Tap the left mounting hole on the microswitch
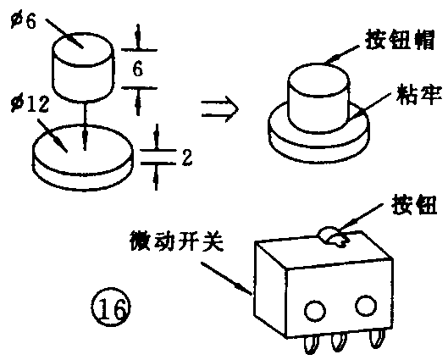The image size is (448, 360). point(315,311)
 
